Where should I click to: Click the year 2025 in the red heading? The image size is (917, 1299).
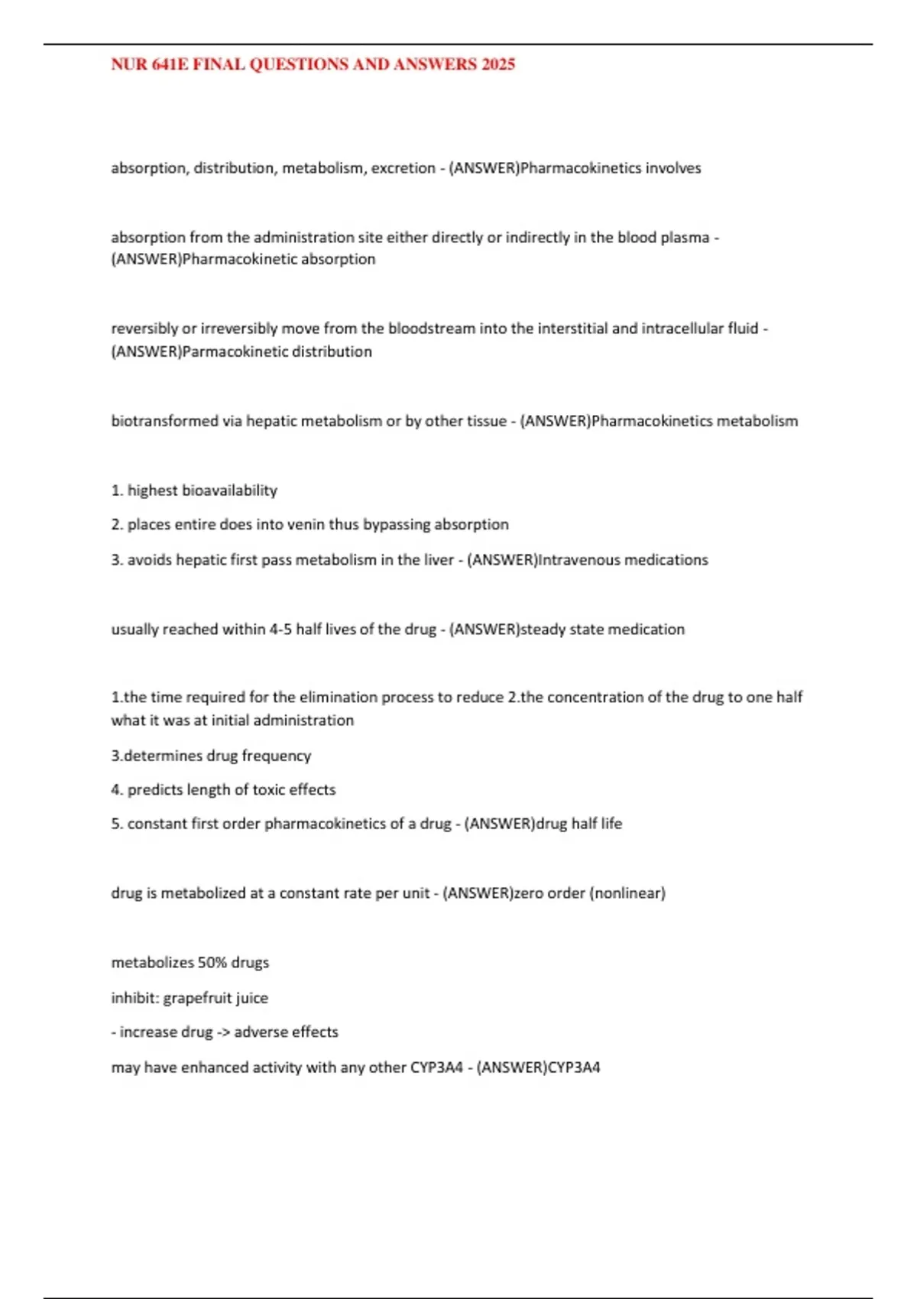point(497,64)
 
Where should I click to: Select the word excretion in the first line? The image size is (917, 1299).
point(403,168)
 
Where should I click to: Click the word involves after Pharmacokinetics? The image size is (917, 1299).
point(673,168)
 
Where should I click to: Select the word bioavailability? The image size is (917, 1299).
point(229,491)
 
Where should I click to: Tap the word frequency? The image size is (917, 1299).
point(276,756)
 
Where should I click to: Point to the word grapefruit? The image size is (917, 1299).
point(198,998)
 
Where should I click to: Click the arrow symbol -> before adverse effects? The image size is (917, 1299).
point(223,1032)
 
